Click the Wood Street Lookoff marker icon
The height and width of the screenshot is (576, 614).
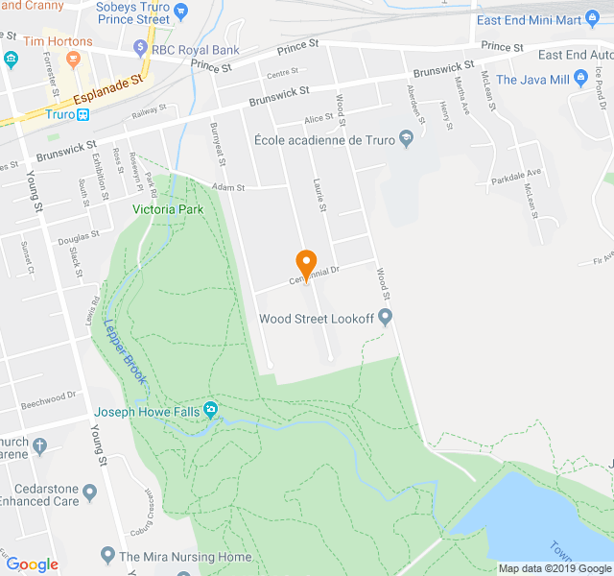point(386,318)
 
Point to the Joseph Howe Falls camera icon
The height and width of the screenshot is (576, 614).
point(211,412)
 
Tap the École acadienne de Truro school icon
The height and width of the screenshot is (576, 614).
point(406,140)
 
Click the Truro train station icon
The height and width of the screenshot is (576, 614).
point(83,114)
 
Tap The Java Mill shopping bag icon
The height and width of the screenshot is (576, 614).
point(579,80)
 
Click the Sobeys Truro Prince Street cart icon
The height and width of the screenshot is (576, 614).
point(182,11)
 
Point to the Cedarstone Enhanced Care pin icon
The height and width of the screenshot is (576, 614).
point(90,493)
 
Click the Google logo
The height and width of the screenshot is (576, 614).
point(32,564)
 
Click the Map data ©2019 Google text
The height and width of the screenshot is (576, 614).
point(554,567)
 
